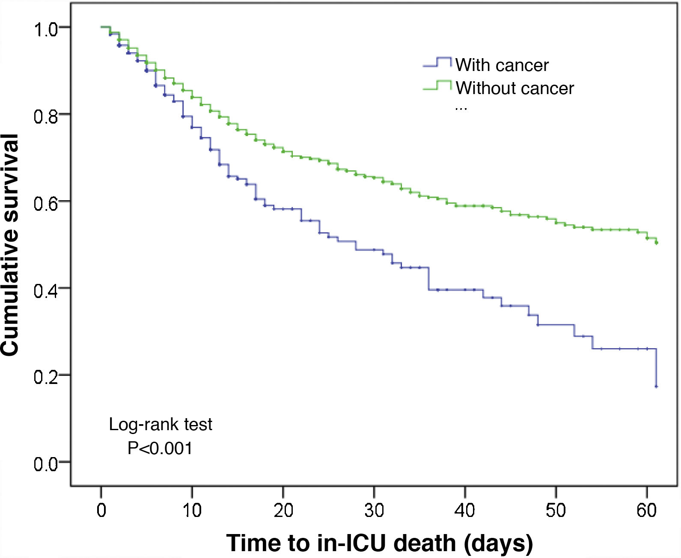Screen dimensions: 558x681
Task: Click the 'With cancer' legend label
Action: (502, 65)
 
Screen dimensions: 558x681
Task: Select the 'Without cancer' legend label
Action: (514, 88)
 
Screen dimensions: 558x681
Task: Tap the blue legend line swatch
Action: (437, 63)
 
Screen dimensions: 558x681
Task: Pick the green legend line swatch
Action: (437, 86)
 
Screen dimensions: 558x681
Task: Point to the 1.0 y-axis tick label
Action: (45, 30)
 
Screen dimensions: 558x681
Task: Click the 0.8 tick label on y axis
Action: (45, 117)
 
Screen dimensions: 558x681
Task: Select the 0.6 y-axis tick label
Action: (45, 204)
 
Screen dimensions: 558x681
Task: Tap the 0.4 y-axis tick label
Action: (45, 291)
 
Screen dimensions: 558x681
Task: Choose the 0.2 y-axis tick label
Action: (45, 378)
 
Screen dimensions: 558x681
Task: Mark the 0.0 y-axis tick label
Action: (45, 464)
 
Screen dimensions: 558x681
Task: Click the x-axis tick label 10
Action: (192, 510)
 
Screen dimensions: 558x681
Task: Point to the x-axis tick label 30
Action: (374, 510)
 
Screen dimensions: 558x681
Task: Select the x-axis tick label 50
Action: (556, 510)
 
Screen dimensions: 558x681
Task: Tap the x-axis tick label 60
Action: (646, 510)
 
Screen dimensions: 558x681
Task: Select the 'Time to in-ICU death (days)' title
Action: (379, 543)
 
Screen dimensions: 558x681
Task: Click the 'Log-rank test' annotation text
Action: (161, 425)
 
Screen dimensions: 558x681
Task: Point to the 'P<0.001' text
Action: (160, 449)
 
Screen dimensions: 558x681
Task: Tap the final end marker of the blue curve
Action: (656, 387)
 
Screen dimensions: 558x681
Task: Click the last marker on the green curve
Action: (657, 242)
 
